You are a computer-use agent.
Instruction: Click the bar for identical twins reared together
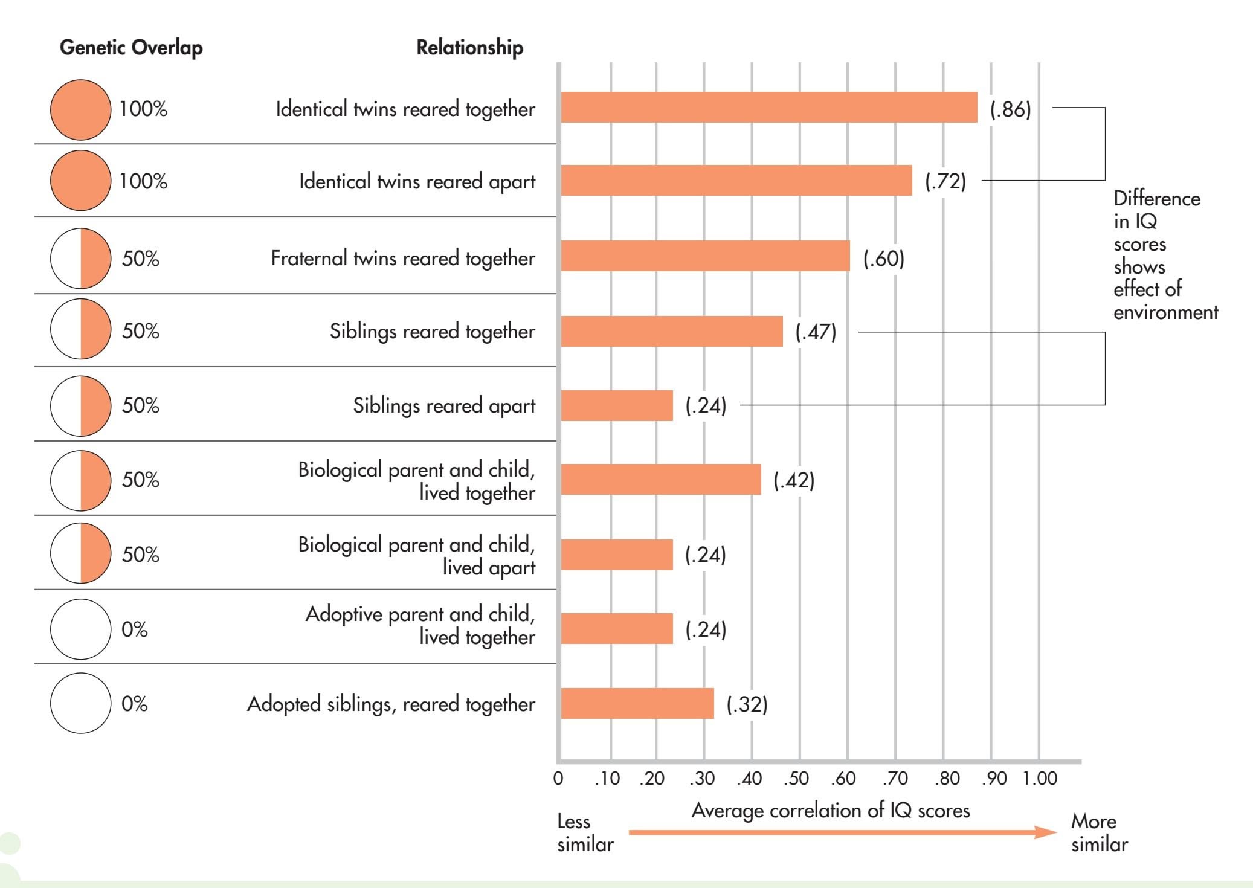(x=768, y=108)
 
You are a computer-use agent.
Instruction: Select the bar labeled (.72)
(x=736, y=180)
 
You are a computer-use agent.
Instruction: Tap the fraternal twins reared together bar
(x=705, y=256)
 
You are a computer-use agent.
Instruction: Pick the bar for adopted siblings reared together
(x=637, y=703)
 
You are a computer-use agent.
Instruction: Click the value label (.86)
(x=1010, y=109)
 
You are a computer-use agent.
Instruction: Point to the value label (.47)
(x=816, y=332)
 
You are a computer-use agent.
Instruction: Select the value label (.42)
(x=794, y=480)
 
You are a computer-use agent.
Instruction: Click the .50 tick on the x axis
(x=796, y=778)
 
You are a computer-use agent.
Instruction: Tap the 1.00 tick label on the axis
(x=1040, y=778)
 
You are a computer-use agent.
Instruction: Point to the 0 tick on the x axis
(x=558, y=778)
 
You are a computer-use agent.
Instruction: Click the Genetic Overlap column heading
(x=131, y=47)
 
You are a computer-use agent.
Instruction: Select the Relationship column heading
(x=469, y=47)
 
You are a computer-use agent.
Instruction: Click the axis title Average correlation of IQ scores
(x=830, y=810)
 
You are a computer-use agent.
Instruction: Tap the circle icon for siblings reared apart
(x=81, y=405)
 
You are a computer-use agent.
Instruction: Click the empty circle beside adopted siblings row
(x=81, y=703)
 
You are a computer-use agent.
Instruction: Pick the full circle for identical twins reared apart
(x=81, y=180)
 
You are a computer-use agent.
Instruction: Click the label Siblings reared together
(x=432, y=331)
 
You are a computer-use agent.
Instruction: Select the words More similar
(x=1099, y=832)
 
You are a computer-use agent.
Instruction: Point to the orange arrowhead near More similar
(x=1045, y=832)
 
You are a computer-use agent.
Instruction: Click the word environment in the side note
(x=1165, y=312)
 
